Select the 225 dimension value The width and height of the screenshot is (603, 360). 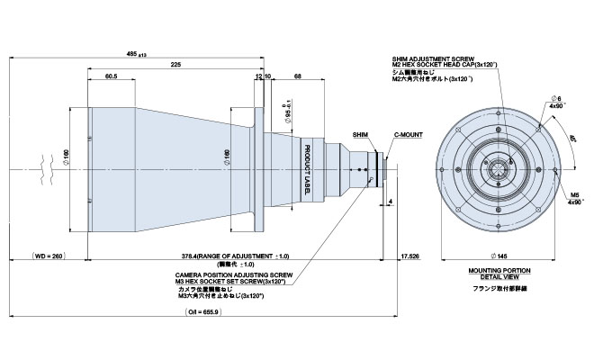tap(175, 65)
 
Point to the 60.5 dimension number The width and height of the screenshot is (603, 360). tap(112, 76)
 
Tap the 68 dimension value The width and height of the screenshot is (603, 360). tap(297, 76)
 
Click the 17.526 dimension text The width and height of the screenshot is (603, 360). tap(409, 256)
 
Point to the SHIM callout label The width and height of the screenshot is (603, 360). tap(360, 132)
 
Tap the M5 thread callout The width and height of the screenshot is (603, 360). tap(574, 193)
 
